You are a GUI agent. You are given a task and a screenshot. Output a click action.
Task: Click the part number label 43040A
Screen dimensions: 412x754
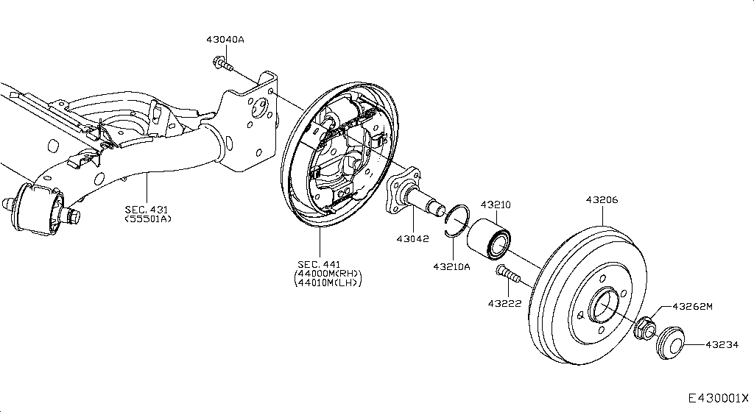pos(225,40)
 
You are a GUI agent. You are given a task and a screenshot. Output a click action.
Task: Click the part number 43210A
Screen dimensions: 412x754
pos(451,266)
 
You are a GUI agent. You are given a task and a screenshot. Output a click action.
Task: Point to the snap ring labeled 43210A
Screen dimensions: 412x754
pos(458,219)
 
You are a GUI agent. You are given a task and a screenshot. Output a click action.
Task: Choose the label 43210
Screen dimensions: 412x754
pos(496,205)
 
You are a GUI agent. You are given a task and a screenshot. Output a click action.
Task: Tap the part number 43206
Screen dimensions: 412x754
pos(602,199)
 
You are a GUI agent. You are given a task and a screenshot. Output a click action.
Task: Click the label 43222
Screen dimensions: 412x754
pos(503,302)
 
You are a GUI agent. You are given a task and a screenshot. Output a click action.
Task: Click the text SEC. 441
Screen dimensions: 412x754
pos(320,264)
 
